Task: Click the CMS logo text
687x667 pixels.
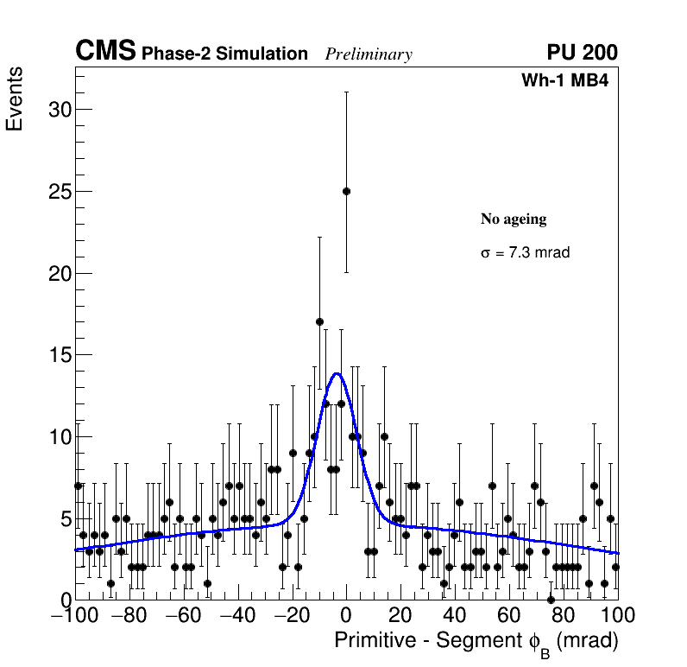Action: pos(105,52)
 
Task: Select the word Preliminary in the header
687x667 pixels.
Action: pos(369,54)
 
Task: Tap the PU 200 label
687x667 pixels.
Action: pos(582,53)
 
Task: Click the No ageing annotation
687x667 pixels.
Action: pos(514,219)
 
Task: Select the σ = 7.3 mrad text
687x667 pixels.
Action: pos(525,253)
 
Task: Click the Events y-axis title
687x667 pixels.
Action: pos(15,99)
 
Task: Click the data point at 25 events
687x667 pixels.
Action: pos(346,191)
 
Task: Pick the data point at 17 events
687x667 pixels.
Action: pos(319,321)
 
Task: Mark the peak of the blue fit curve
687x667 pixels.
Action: pos(337,374)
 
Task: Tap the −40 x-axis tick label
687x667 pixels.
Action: pos(237,616)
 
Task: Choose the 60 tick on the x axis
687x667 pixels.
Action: pos(509,616)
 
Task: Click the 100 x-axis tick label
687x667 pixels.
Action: pos(618,616)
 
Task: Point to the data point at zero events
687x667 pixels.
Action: pos(551,600)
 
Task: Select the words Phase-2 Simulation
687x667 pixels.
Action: pos(224,54)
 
